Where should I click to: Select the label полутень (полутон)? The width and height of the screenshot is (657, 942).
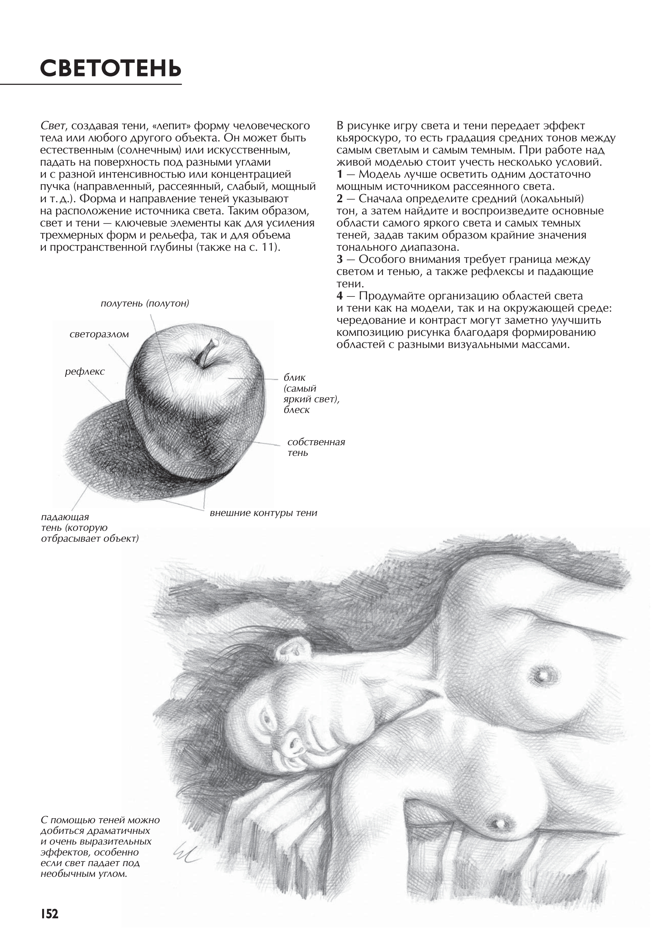145,304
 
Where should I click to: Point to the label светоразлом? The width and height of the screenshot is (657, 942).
99,334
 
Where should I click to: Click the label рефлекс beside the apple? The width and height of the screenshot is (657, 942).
85,372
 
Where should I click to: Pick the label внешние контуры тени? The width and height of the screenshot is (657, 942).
263,513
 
